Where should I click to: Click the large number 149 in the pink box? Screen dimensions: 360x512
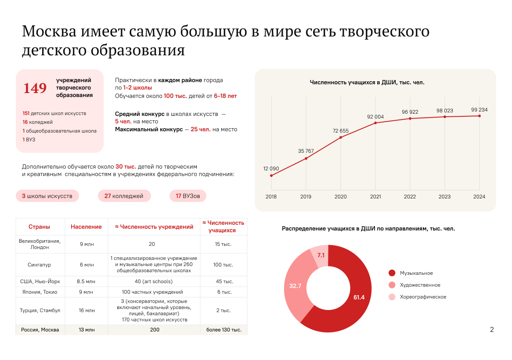[35, 88]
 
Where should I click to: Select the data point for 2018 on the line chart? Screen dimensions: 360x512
[271, 176]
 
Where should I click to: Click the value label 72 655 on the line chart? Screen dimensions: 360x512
[341, 131]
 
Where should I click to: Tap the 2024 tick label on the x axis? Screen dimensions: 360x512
[479, 197]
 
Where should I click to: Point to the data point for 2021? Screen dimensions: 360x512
[375, 123]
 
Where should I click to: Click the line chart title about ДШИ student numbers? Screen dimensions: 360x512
[367, 82]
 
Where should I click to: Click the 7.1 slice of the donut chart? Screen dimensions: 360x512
[320, 256]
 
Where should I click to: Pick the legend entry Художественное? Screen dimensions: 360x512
[420, 285]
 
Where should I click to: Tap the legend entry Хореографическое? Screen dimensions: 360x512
[422, 297]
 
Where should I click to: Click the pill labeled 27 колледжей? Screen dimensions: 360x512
[124, 196]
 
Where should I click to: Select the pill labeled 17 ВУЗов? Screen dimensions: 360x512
[188, 196]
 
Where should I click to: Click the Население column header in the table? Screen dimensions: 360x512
[86, 227]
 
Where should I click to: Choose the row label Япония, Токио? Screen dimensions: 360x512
[40, 292]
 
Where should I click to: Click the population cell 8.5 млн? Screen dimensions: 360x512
[86, 281]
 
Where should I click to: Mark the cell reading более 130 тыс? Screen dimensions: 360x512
[224, 330]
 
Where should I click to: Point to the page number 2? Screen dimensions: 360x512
[492, 330]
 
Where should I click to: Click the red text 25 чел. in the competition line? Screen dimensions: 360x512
[201, 130]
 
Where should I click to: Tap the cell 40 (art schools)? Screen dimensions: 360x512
[154, 281]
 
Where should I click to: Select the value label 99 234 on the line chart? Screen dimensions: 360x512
[479, 110]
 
